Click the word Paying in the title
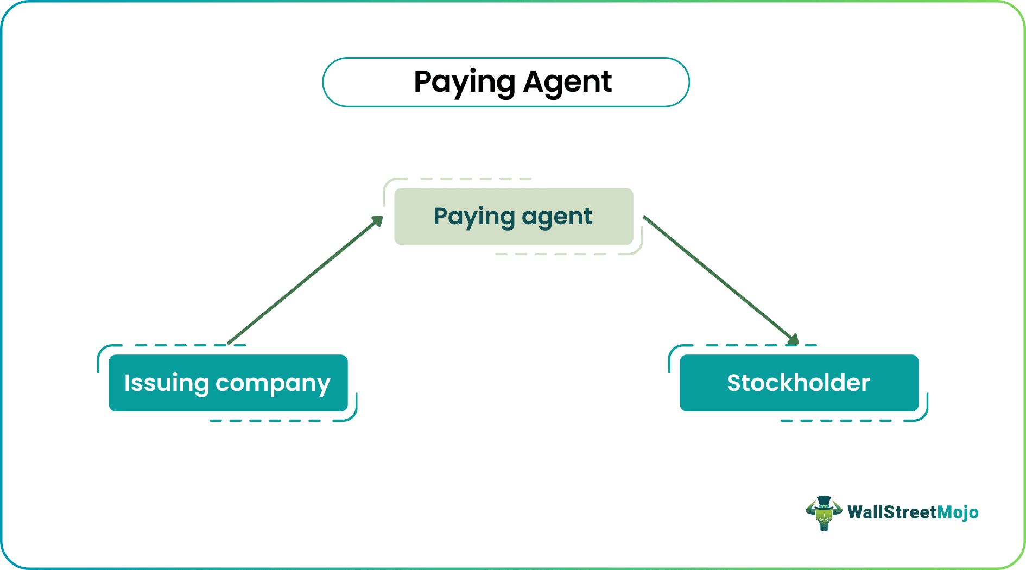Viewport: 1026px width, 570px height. click(464, 83)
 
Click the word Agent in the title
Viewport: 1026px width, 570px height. click(567, 83)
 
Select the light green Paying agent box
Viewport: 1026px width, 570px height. click(514, 217)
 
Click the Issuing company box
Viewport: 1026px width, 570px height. click(228, 383)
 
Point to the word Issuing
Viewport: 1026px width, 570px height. click(166, 383)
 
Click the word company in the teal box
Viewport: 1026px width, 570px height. click(273, 384)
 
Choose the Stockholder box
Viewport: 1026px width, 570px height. click(799, 383)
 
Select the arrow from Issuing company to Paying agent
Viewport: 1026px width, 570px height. click(304, 281)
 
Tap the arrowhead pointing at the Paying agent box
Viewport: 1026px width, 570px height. click(377, 221)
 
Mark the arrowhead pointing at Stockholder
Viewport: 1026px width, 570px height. click(793, 340)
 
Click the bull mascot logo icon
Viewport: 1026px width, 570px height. click(824, 513)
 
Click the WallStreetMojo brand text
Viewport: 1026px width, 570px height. click(913, 512)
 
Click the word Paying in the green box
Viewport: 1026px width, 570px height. click(474, 217)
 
